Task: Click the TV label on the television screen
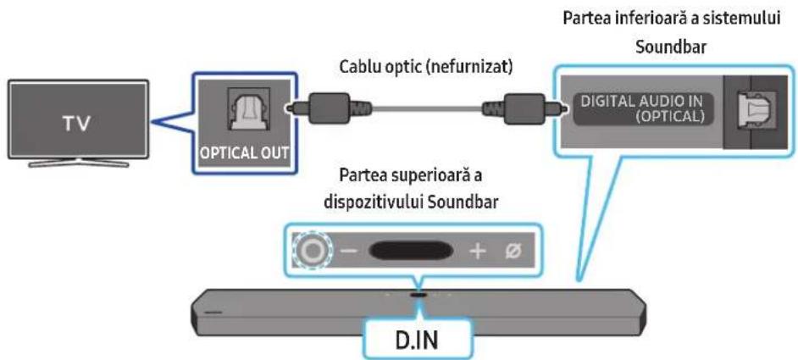tap(77, 125)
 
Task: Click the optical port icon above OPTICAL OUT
tap(248, 110)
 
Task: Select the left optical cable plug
tap(328, 108)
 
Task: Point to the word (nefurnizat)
tap(470, 68)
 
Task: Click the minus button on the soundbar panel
tap(349, 251)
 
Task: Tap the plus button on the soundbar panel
tap(478, 251)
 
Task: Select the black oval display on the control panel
tap(412, 250)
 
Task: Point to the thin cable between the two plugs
tap(427, 108)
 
